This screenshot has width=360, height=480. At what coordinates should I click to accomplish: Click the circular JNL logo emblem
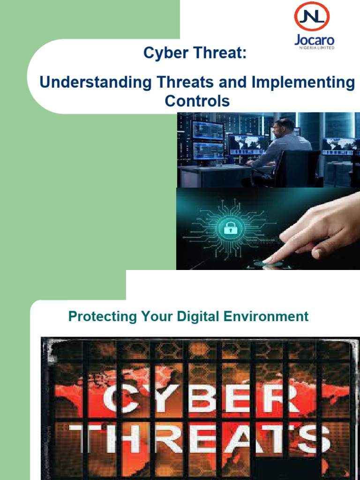pyautogui.click(x=311, y=18)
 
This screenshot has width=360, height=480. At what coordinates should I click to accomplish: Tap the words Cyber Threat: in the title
pyautogui.click(x=195, y=53)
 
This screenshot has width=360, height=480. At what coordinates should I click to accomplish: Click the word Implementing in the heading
pyautogui.click(x=303, y=82)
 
